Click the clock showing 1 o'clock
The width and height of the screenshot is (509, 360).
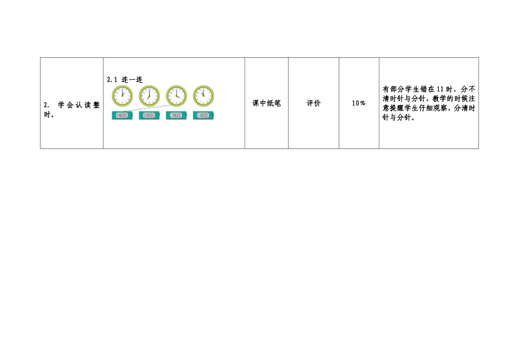click(x=122, y=96)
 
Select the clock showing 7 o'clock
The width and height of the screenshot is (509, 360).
click(x=149, y=96)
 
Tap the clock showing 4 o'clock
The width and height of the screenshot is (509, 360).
click(x=176, y=96)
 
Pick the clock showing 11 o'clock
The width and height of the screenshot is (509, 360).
click(x=203, y=96)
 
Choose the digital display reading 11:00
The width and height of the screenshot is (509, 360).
click(x=149, y=115)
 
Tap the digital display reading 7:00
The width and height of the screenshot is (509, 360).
click(x=176, y=115)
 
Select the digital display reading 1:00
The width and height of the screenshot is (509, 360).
click(x=203, y=115)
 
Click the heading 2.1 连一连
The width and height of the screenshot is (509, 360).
click(x=125, y=79)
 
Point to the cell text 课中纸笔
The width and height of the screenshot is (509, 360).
click(x=266, y=103)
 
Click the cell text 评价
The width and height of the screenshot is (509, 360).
click(x=313, y=103)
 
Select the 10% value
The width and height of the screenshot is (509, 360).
click(x=358, y=103)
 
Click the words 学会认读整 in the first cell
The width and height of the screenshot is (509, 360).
click(x=79, y=105)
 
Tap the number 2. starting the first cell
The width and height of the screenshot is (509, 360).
click(x=47, y=105)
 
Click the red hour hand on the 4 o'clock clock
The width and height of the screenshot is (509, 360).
click(x=178, y=97)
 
